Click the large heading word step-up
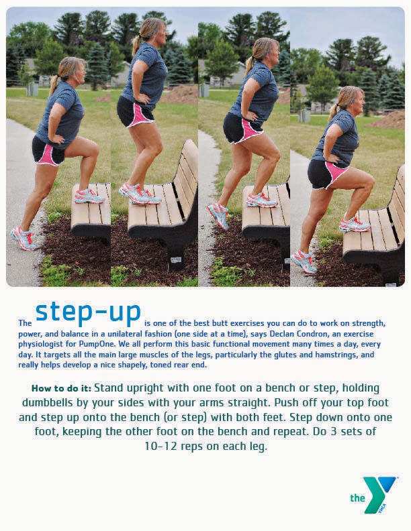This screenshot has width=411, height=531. click(x=88, y=311)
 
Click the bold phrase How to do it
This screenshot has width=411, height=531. click(x=61, y=388)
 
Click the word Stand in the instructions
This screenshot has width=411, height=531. click(x=109, y=388)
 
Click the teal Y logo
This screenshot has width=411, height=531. click(x=381, y=494)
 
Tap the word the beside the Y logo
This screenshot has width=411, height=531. click(x=357, y=498)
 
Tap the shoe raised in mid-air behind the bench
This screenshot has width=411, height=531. click(x=218, y=215)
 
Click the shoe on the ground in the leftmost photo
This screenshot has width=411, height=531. click(x=24, y=239)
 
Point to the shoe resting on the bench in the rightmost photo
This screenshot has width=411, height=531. click(x=353, y=224)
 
